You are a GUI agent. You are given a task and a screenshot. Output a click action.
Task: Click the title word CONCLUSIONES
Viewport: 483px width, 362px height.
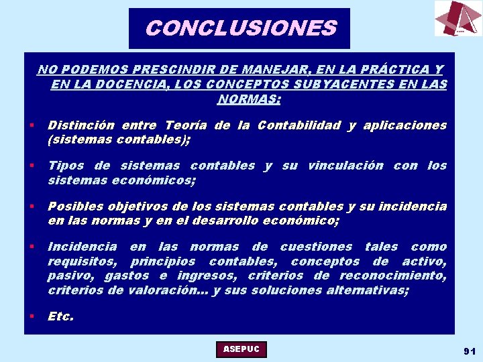240,28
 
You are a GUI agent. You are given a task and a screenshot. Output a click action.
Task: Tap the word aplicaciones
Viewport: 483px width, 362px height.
405,125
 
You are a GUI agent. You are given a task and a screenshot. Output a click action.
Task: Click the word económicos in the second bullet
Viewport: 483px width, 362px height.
159,180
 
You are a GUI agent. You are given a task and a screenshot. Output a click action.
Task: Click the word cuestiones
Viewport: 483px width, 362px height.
316,247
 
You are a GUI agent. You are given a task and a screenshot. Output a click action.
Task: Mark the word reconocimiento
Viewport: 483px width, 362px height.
392,276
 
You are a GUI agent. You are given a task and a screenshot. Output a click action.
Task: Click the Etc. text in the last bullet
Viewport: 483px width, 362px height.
61,316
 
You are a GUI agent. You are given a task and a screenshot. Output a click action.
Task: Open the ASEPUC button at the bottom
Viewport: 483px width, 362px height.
241,349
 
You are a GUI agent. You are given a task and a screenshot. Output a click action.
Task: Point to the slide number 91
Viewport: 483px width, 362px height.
469,351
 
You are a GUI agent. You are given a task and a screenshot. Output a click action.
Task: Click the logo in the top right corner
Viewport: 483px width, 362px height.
458,18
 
